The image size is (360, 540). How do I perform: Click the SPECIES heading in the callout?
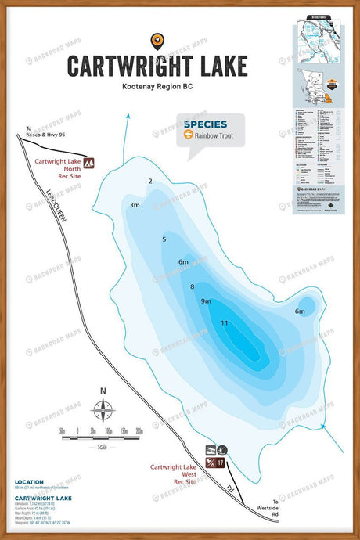click(x=206, y=124)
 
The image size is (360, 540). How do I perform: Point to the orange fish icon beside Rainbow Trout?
click(x=189, y=135)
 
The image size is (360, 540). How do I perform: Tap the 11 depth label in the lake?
click(x=225, y=323)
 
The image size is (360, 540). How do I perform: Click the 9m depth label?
click(x=206, y=301)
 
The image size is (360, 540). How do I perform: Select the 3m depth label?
click(x=135, y=205)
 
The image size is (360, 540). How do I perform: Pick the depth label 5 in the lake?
click(x=164, y=239)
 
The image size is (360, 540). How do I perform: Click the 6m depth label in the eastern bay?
click(x=300, y=311)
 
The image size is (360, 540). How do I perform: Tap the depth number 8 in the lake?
click(x=192, y=286)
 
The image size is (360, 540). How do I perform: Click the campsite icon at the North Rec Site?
click(x=88, y=162)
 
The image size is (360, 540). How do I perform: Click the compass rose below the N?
click(x=103, y=409)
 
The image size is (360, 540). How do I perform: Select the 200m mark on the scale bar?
click(x=139, y=430)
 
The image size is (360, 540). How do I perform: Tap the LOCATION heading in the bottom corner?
click(x=30, y=482)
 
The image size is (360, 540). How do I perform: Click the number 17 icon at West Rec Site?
click(x=222, y=464)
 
